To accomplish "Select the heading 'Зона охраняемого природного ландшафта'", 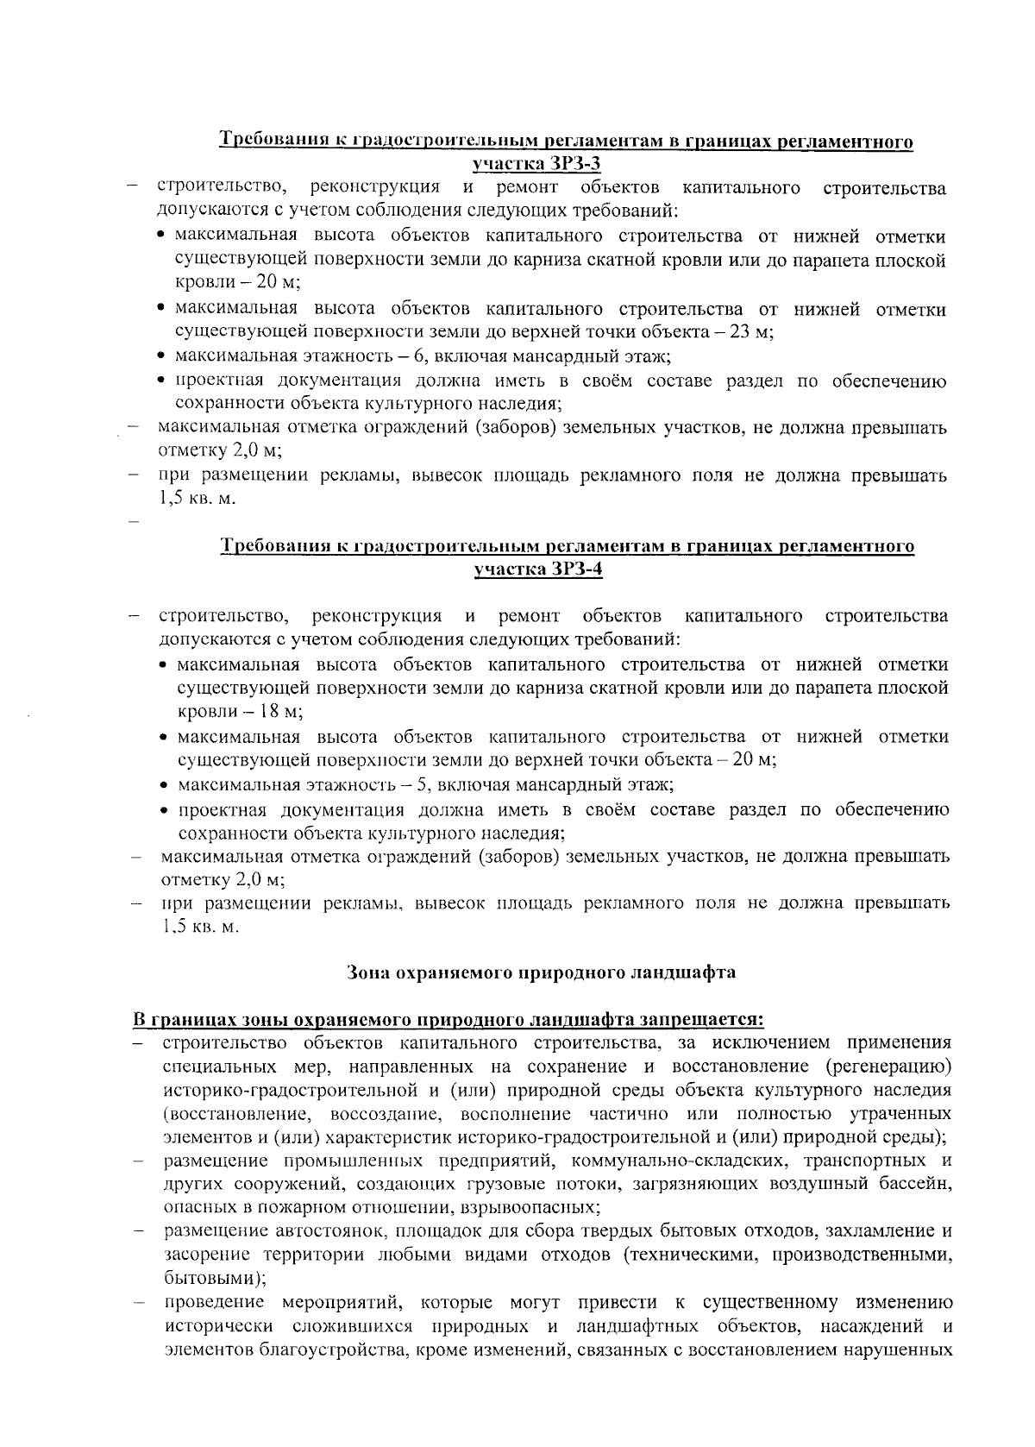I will (x=541, y=972).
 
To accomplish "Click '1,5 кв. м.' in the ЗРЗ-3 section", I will (x=196, y=499).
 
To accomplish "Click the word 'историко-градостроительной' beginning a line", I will (x=257, y=1089).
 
